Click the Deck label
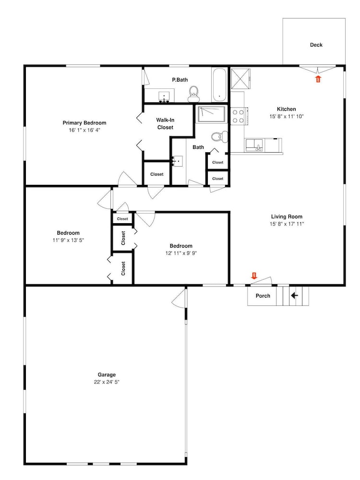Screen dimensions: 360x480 point(316,45)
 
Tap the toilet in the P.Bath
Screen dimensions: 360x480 point(193,94)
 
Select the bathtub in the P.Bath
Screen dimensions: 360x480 point(219,85)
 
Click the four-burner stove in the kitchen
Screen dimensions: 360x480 point(239,116)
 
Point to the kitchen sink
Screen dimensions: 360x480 point(254,145)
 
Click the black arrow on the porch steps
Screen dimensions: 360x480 point(294,296)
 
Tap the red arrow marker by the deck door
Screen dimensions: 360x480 point(318,79)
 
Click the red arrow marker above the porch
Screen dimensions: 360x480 point(254,276)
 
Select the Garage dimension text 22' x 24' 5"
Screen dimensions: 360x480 point(107,382)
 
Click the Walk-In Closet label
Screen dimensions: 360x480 point(165,124)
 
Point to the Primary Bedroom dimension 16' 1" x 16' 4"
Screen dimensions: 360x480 point(84,130)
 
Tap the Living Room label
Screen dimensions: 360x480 point(287,217)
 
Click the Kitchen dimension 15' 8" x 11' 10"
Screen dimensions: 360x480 point(287,116)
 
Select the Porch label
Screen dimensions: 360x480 point(263,296)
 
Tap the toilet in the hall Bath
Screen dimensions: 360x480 point(220,137)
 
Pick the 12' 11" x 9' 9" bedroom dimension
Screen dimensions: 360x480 point(181,253)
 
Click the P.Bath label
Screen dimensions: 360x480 point(180,80)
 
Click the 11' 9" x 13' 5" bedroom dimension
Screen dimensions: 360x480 point(68,240)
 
